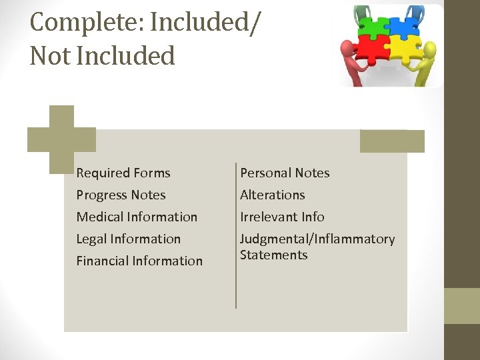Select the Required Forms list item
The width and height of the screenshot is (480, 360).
pos(123,173)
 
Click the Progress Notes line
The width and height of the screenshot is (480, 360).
pos(121,195)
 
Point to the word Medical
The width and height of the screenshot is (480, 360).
pos(100,217)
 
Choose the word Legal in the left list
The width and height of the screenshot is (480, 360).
pos(92,239)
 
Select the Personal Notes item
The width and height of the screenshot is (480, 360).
pos(285,173)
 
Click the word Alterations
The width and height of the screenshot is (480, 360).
pos(272,195)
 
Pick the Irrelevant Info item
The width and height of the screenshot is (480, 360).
pos(282,217)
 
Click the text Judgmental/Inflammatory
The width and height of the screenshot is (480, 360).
pos(317,239)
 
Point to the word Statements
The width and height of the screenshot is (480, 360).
pos(273,255)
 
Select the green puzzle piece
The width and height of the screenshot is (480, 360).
pos(374,28)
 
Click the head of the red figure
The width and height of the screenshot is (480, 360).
pos(347,49)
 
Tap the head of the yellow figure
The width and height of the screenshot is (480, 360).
pos(430,49)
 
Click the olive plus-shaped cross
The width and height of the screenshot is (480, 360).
pos(61,139)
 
